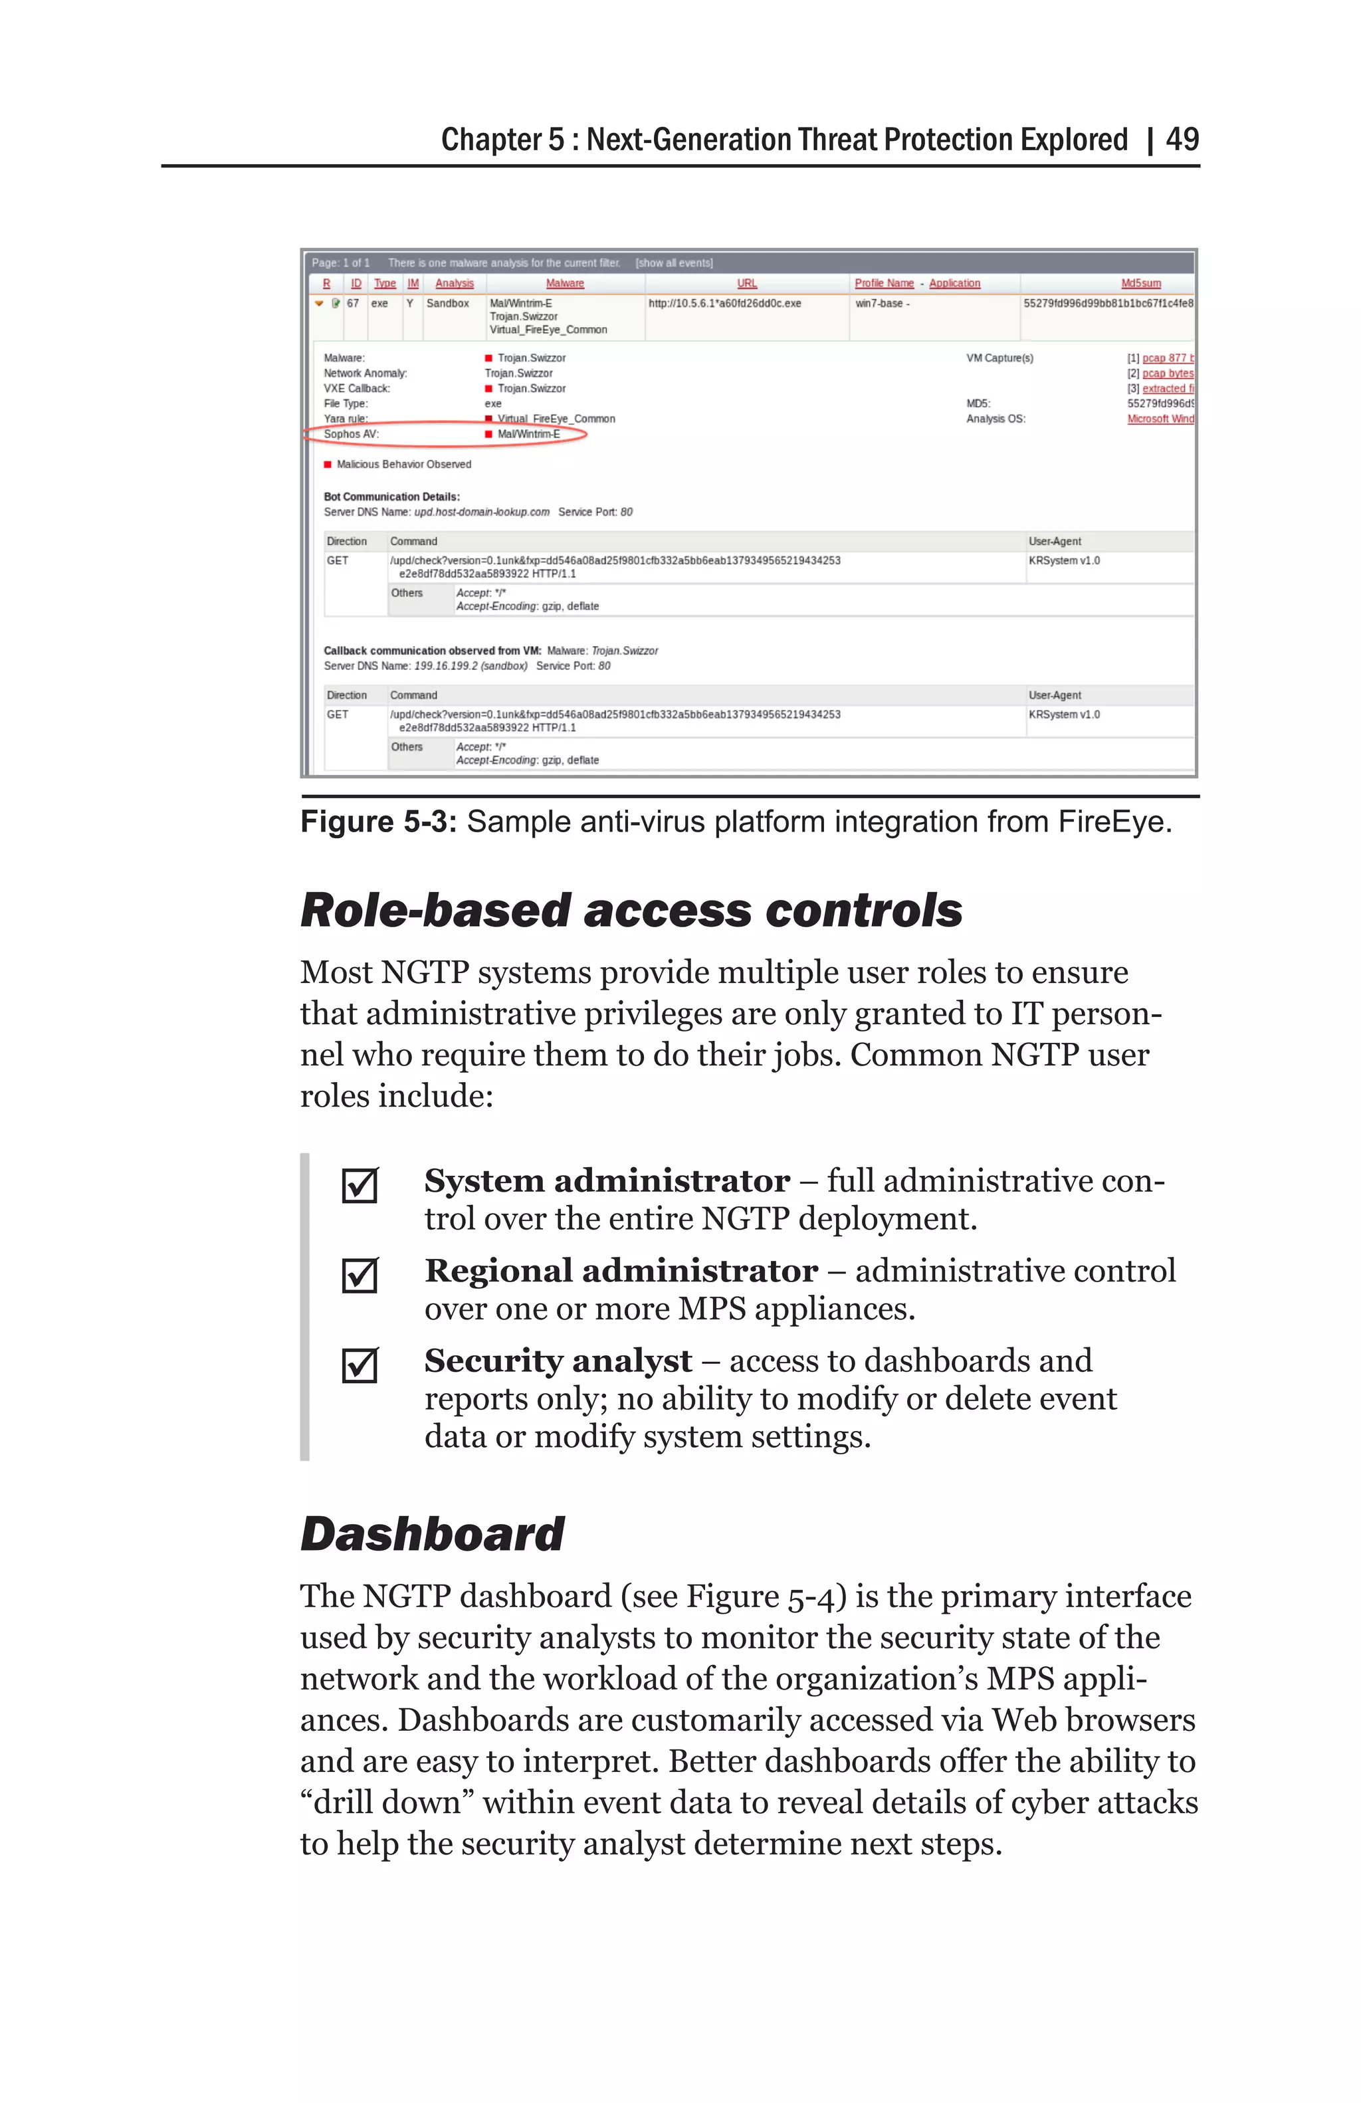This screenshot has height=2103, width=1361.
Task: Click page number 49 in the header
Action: click(x=1181, y=139)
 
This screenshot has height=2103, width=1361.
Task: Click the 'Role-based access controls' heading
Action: click(x=631, y=911)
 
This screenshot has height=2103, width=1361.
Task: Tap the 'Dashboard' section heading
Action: click(x=432, y=1534)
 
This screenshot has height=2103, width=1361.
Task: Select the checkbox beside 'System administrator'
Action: click(x=360, y=1186)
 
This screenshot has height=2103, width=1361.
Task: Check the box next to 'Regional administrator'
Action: click(x=360, y=1275)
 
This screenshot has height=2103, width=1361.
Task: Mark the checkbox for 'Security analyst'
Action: click(x=360, y=1365)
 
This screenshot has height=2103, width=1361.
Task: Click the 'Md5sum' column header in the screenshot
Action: click(x=1140, y=282)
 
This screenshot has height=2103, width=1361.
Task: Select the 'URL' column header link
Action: click(x=746, y=282)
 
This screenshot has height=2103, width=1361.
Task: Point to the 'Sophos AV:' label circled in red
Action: click(x=351, y=434)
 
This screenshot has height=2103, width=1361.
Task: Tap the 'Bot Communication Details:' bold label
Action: click(x=391, y=497)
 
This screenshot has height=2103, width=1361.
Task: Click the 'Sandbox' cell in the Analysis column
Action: click(x=448, y=303)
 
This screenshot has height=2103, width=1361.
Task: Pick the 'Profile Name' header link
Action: click(x=883, y=282)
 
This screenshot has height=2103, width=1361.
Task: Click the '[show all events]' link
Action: click(x=674, y=263)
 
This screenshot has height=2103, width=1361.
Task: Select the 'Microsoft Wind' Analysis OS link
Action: click(x=1160, y=419)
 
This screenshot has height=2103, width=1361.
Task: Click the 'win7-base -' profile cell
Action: click(x=881, y=303)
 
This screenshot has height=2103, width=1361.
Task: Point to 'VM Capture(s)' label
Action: click(x=999, y=358)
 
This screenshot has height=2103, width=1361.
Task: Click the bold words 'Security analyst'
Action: click(x=558, y=1361)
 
